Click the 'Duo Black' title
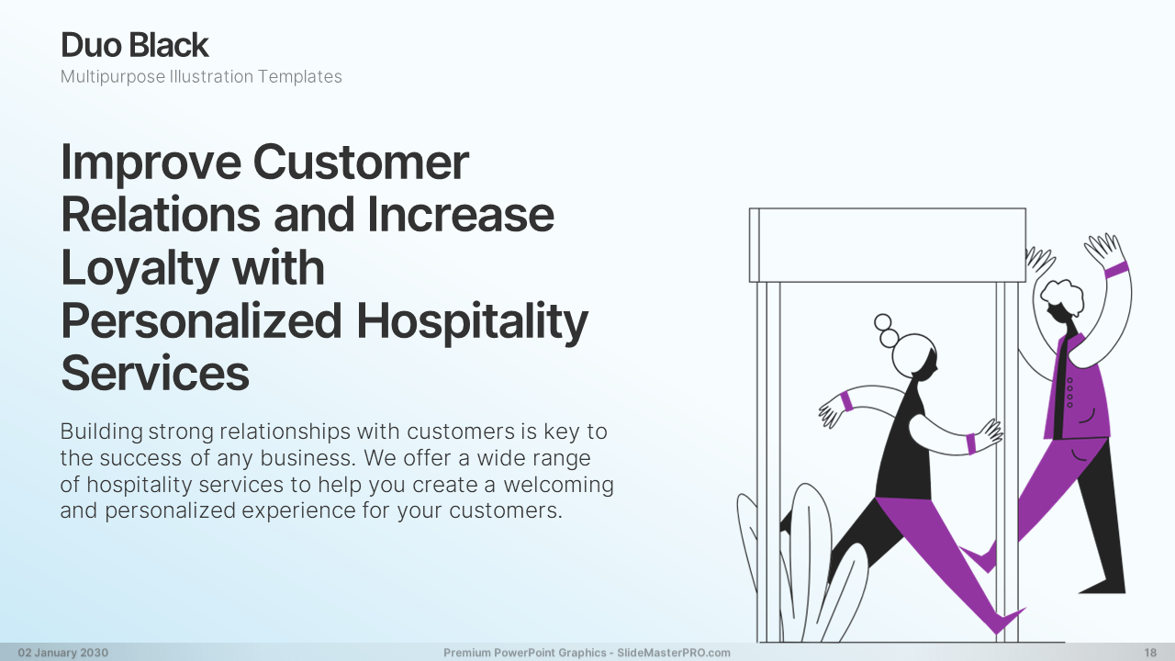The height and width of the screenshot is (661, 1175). pos(135,45)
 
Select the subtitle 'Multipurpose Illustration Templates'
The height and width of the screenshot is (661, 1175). pos(201,76)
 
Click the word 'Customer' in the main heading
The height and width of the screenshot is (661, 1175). pos(361,162)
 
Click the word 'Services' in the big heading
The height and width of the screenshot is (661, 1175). pos(155,373)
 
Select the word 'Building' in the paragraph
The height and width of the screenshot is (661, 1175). pos(101,432)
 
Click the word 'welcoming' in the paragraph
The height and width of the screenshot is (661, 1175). pos(559,485)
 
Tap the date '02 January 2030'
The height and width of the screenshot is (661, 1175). pos(63,653)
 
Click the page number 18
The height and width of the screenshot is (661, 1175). pos(1150,653)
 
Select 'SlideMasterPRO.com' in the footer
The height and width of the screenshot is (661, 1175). pos(674,653)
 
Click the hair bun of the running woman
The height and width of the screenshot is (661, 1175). pos(886,330)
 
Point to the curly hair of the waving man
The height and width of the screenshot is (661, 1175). pos(1062,297)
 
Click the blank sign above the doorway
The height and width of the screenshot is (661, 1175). pos(888,245)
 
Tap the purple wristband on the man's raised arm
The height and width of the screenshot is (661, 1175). pos(1116,270)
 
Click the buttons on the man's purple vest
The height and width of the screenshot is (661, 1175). pos(1070,392)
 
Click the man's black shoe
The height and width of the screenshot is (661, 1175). pos(1103,585)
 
